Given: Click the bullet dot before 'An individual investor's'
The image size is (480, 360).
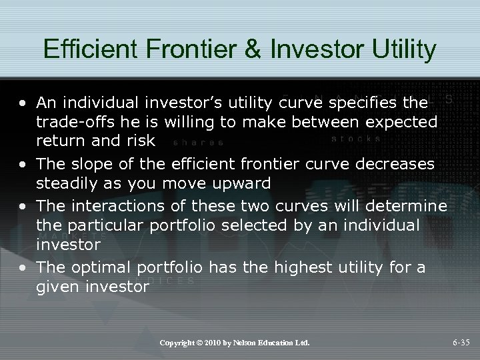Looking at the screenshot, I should (x=25, y=104).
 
